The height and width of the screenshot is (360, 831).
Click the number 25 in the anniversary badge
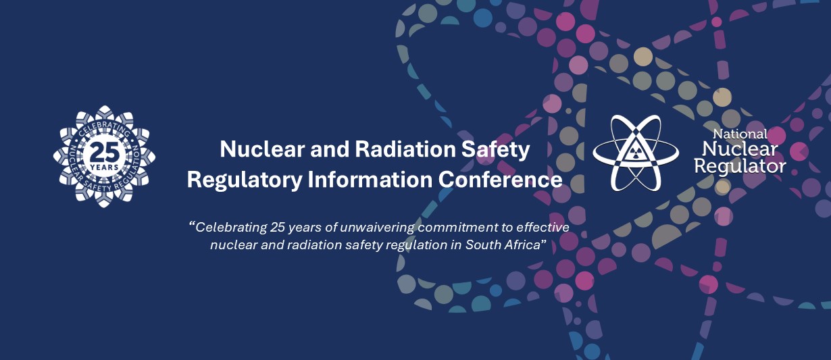point(105,152)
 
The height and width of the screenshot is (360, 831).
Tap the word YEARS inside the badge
point(104,168)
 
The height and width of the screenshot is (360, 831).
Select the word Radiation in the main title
point(405,149)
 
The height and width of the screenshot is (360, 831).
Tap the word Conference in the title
point(501,180)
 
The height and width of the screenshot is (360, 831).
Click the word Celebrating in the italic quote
point(231,228)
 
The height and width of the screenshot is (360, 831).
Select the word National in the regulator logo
point(740,134)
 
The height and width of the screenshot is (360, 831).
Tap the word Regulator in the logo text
point(740,167)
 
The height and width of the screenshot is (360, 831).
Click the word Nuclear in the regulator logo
point(740,149)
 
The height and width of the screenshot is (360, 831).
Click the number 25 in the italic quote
point(278,227)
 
